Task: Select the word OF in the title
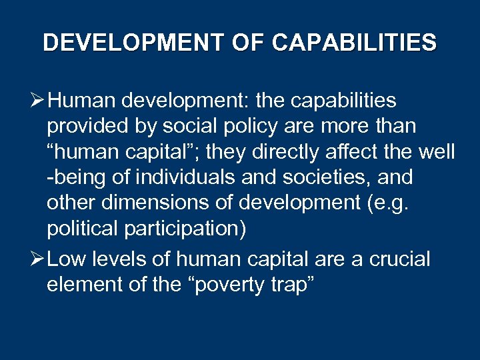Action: click(x=247, y=43)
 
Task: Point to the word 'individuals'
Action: click(x=184, y=177)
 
